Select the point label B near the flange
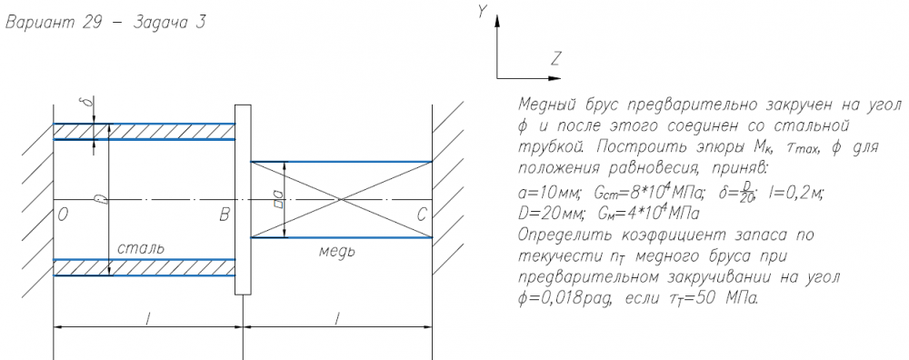[225, 216]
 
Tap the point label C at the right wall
[422, 216]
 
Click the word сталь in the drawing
[141, 249]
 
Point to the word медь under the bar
[337, 252]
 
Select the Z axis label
[556, 58]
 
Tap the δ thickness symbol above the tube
[87, 103]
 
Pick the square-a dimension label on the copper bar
[278, 199]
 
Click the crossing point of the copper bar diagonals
[342, 199]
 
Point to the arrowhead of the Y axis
[497, 22]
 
